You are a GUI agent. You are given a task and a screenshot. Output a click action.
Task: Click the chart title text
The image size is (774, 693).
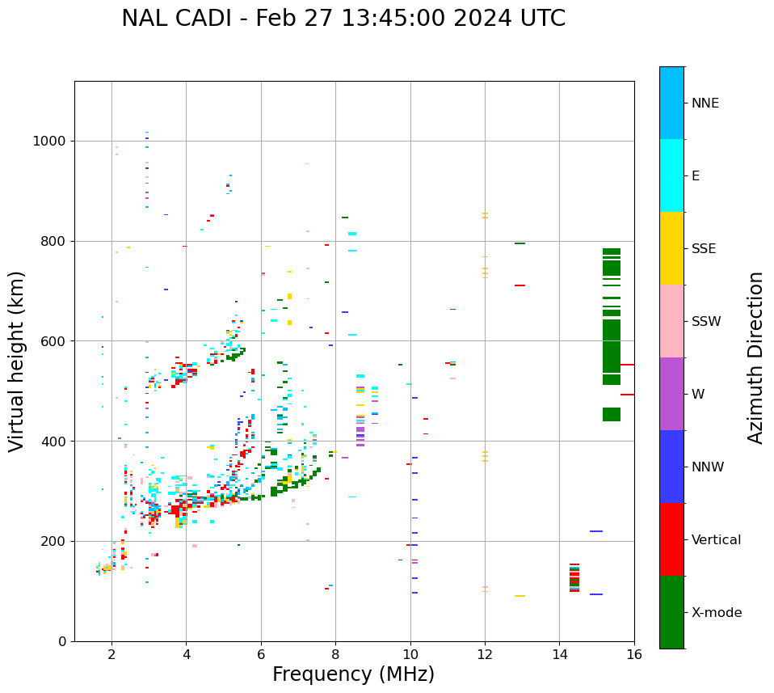point(343,19)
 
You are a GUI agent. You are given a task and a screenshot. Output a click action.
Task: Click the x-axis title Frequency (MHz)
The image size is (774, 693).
point(353,674)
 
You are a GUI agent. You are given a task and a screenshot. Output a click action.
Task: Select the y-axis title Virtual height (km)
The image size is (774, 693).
point(17,361)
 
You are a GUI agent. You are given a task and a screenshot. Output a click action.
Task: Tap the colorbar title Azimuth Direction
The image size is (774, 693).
point(755,357)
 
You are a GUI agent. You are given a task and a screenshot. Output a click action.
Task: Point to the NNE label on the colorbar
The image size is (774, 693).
point(705,104)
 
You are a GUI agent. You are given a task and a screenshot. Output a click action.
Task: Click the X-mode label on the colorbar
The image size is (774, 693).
point(716,613)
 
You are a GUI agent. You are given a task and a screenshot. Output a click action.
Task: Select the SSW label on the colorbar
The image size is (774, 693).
point(705,322)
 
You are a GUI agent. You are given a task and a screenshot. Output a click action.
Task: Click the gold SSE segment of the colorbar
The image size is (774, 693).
point(671,248)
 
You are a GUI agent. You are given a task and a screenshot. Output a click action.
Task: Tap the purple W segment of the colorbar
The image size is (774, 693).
point(671,394)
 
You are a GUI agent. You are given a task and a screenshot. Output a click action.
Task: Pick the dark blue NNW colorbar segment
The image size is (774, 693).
point(671,467)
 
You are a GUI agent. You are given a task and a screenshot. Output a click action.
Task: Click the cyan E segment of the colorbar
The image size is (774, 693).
point(671,175)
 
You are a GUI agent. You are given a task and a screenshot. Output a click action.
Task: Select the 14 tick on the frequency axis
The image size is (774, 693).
point(559,654)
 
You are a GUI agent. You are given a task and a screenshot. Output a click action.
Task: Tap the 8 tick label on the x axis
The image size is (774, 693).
point(335,654)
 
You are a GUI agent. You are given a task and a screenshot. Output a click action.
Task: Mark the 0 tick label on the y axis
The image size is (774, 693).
point(62,641)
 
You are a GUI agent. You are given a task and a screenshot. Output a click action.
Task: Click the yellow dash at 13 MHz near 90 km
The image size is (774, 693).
point(520,596)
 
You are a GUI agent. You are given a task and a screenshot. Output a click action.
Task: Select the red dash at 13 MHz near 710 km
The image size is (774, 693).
point(520,285)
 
